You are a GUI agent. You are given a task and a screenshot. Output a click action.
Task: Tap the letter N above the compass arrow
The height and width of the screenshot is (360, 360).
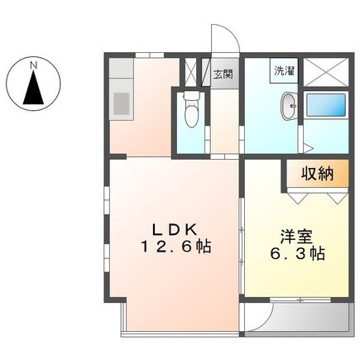(x=34, y=65)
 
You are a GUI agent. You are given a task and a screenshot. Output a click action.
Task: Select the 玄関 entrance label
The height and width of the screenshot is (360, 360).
(x=223, y=74)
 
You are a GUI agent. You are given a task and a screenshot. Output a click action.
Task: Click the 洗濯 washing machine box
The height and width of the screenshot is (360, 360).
(x=284, y=70)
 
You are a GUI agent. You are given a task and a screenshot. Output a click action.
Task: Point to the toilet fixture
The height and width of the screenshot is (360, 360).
(x=191, y=109)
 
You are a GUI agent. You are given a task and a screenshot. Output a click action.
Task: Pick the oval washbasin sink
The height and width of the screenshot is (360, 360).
(x=289, y=106)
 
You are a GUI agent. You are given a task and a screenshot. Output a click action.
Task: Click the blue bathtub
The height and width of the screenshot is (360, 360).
(x=326, y=105)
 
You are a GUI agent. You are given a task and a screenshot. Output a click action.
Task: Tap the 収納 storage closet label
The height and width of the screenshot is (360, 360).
(x=317, y=174)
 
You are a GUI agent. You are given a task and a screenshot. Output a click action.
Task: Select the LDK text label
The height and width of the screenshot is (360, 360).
(x=175, y=230)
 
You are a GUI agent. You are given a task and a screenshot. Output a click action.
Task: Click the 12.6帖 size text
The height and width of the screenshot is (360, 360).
(x=176, y=247)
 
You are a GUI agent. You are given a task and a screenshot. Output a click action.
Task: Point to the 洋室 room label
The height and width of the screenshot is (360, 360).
(x=296, y=238)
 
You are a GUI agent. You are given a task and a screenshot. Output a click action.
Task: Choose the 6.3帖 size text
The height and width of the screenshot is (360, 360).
(x=297, y=254)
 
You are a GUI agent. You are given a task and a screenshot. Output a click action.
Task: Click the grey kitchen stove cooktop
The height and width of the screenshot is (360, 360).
(x=122, y=103)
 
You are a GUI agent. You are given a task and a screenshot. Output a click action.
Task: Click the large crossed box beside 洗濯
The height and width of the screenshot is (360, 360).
(x=326, y=73)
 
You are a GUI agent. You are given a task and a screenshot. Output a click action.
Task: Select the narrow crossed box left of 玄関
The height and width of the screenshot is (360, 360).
(x=190, y=71)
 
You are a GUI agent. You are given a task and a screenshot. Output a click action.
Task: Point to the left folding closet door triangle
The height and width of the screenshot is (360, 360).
(x=297, y=198)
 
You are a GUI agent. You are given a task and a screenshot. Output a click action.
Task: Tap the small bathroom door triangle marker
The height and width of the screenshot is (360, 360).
(x=308, y=147)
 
